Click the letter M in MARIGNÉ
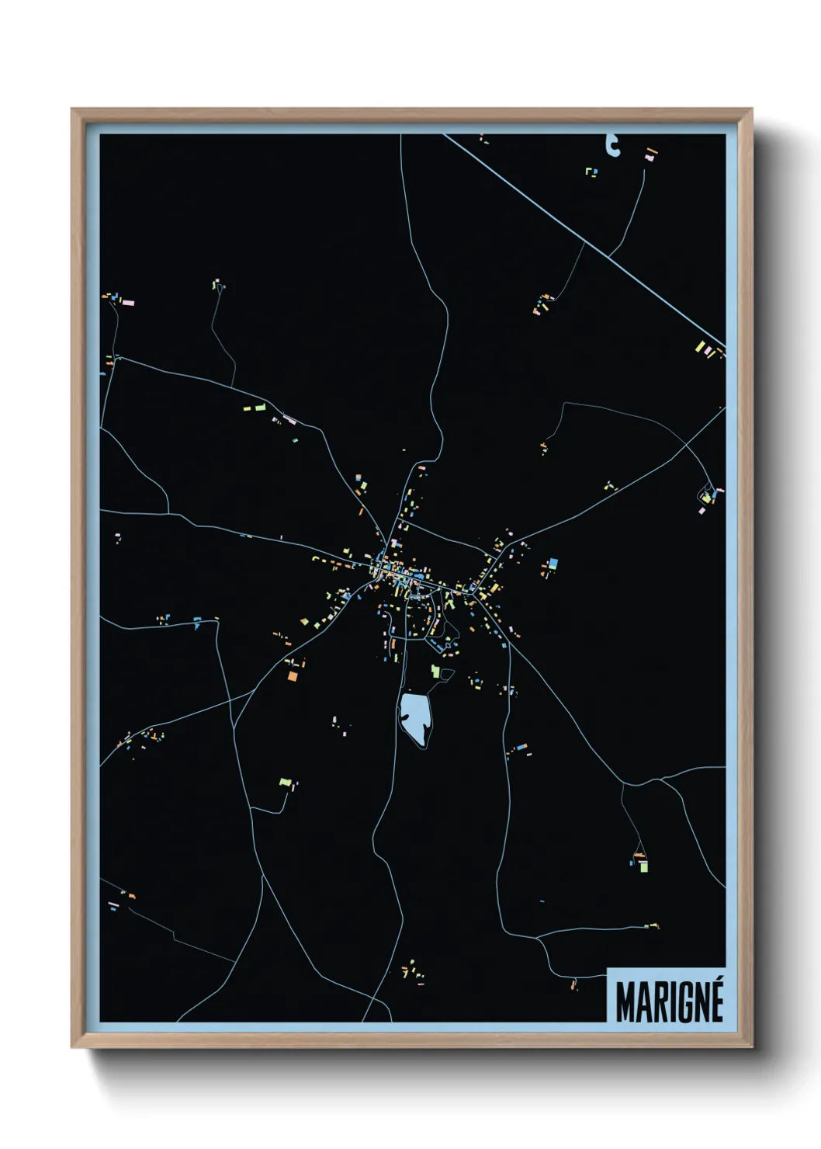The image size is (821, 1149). pos(626,1002)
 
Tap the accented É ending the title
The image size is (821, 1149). pos(715,1001)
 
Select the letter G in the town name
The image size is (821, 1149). pos(680,1002)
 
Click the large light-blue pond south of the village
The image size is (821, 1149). pos(414,717)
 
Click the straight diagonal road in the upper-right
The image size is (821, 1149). pos(590,241)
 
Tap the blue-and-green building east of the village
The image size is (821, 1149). pos(553,564)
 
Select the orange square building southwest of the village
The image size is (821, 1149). pos(293,676)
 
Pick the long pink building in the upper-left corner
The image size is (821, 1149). pos(127,302)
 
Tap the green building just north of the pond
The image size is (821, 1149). pos(435,671)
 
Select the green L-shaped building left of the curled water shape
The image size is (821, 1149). pos(591,172)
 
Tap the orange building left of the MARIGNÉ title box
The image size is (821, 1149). pos(575,984)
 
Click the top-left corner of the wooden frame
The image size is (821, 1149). pos(73,110)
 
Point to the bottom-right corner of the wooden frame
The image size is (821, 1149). pos(750,1047)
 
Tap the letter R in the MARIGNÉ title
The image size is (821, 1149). pos(656,1002)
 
